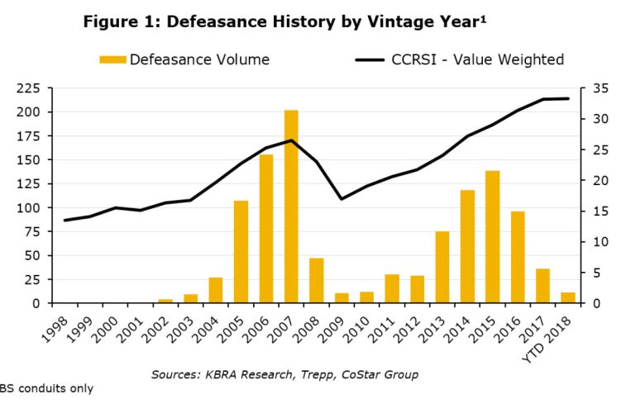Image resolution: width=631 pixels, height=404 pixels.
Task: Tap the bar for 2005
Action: pos(241,252)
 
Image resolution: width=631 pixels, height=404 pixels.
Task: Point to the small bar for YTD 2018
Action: pos(567,297)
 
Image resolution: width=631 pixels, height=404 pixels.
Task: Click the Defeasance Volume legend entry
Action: pos(184,59)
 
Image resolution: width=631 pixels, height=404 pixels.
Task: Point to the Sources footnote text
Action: pos(284,374)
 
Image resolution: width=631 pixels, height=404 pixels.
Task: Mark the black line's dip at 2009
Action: pos(342,198)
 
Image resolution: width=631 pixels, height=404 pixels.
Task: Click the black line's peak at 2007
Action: pos(291,140)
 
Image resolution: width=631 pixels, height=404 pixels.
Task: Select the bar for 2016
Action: pos(517,257)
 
